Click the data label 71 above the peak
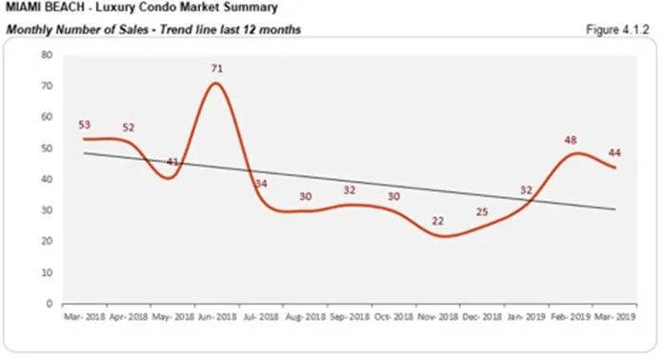pos(215,69)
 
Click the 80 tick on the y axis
pos(45,55)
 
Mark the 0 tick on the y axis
pos(48,304)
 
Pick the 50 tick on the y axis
pos(45,149)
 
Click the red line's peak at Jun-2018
pos(216,83)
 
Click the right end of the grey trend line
pos(616,210)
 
